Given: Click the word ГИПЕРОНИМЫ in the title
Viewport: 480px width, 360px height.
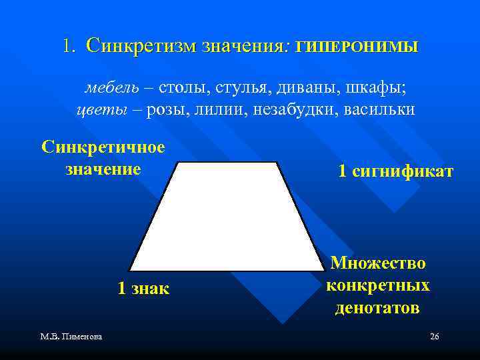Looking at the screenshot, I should click(357, 47).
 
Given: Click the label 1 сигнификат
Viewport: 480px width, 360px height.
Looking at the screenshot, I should click(395, 171).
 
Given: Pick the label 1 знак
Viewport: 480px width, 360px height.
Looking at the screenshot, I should click(143, 289).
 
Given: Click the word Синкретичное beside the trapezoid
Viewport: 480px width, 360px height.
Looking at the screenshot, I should click(103, 147).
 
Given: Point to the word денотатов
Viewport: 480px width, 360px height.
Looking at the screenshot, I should click(377, 307).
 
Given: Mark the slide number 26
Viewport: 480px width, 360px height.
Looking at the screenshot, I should click(434, 337).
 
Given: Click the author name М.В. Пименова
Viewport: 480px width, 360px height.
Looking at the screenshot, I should click(70, 337).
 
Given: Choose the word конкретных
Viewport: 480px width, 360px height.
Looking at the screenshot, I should click(378, 285).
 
